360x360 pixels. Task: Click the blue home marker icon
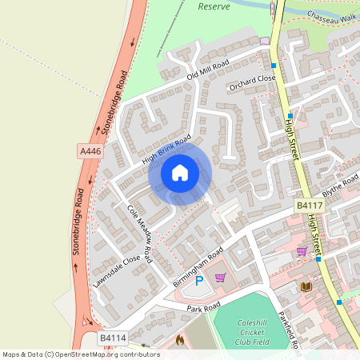[180, 173]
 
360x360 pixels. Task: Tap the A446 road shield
[90, 150]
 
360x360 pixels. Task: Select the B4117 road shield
[308, 206]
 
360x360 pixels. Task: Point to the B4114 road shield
[112, 339]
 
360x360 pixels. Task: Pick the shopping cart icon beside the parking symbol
[220, 278]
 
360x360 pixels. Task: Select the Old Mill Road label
[208, 70]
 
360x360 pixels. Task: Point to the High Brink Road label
[166, 148]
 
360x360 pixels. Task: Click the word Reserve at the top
[214, 6]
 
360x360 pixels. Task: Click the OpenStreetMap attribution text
[81, 354]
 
